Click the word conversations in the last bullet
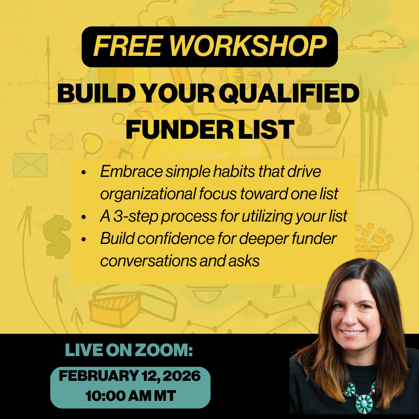(x=148, y=261)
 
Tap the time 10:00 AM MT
(x=130, y=397)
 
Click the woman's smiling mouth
(x=353, y=333)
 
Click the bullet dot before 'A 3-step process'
(x=84, y=217)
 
